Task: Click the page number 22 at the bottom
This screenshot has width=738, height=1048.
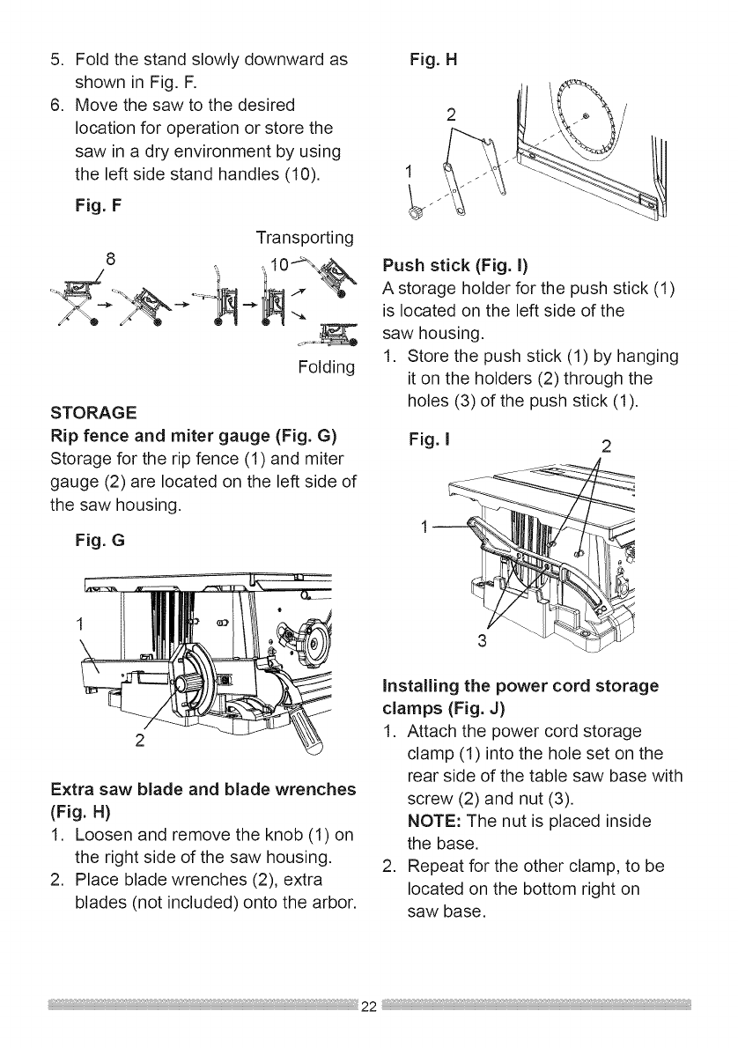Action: pyautogui.click(x=369, y=1007)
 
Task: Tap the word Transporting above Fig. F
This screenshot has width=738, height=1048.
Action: pyautogui.click(x=305, y=238)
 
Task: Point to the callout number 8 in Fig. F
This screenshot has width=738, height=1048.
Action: pyautogui.click(x=110, y=260)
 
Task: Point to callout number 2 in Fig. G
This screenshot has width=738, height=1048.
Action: pyautogui.click(x=140, y=737)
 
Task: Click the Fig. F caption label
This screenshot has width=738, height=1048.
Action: pyautogui.click(x=99, y=206)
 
